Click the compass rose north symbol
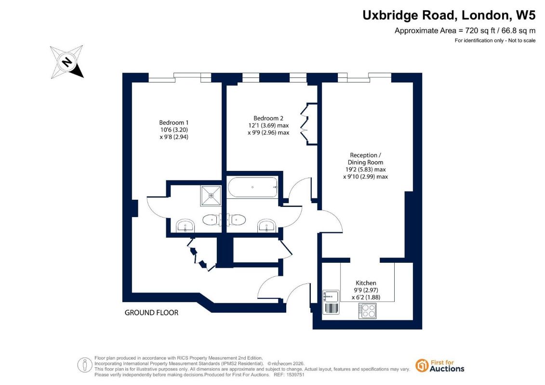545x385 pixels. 67,62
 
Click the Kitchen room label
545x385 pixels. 366,283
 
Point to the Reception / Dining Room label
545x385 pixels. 365,159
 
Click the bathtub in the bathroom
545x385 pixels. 253,187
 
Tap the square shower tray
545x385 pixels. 211,196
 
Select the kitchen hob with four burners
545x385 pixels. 367,311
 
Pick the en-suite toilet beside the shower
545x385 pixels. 211,219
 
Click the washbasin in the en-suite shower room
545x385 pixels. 186,226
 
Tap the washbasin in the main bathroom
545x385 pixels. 267,226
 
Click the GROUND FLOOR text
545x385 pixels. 151,312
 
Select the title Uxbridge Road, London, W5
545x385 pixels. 449,15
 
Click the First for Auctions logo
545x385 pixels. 440,366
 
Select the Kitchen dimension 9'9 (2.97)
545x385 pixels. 366,290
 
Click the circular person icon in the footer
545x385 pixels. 85,365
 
